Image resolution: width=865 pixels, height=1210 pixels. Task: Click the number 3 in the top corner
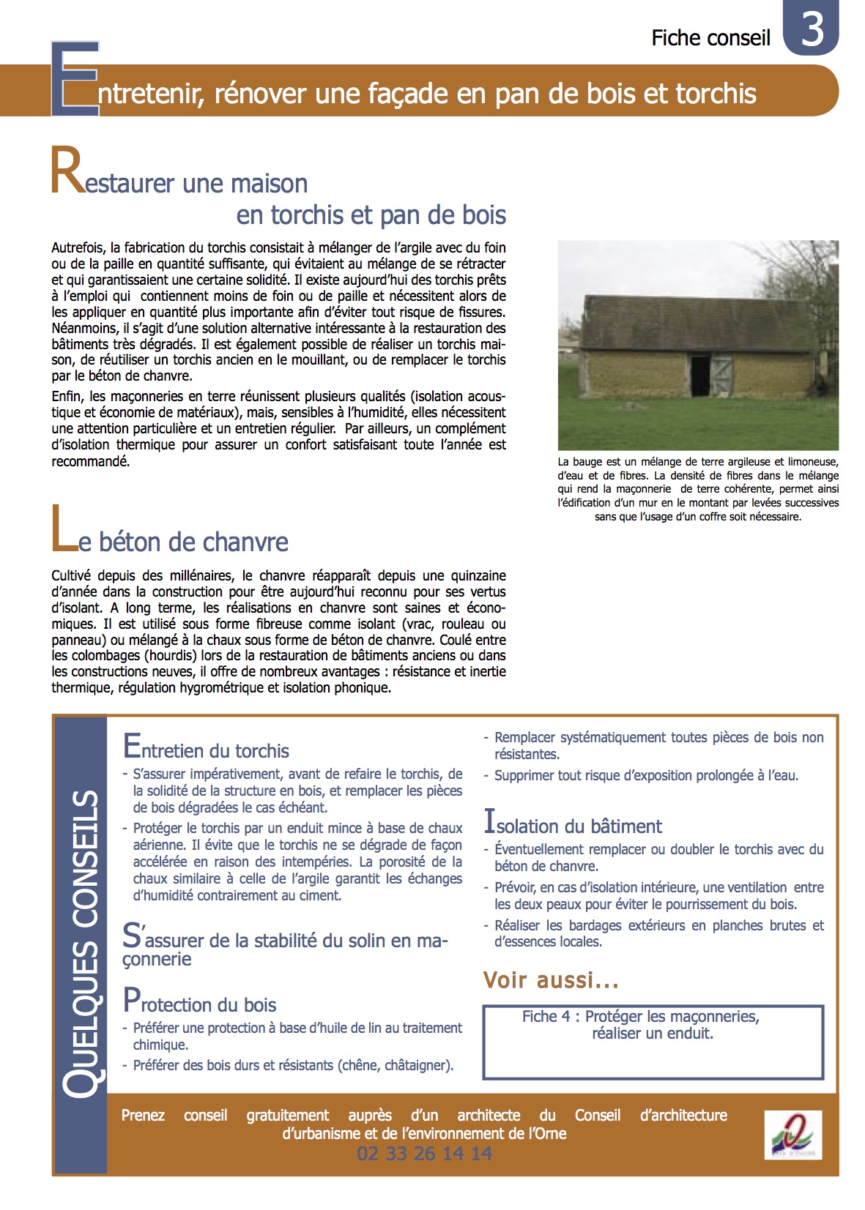pos(812,29)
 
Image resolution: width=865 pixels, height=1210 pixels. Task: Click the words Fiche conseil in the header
pos(710,38)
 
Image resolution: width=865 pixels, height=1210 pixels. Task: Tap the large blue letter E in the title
pos(75,79)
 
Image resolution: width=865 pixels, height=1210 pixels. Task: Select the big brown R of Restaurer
pos(67,171)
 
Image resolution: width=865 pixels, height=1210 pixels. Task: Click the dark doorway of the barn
pos(700,376)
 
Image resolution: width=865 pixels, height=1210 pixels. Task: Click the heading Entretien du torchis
pos(206,749)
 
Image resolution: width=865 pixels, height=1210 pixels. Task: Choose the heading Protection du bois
pos(199,1002)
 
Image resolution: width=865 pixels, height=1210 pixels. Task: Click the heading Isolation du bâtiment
pos(573,824)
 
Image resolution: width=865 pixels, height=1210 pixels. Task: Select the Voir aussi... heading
pos(551,980)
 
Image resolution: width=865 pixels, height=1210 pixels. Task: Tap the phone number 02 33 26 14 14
pos(424,1154)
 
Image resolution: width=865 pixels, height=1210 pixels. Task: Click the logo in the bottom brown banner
pos(792,1135)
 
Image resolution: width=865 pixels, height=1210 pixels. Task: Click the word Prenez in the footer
pos(143,1116)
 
